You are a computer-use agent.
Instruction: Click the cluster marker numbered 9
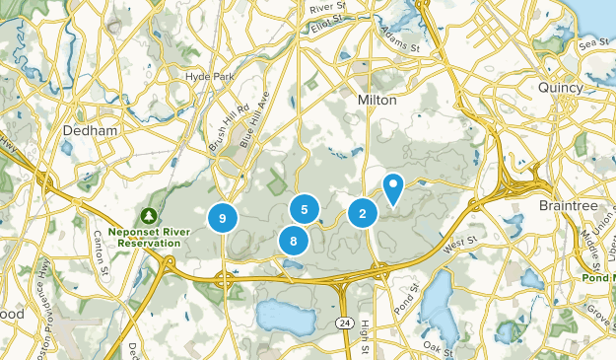[x=224, y=217]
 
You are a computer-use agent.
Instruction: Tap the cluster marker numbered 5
[x=305, y=209]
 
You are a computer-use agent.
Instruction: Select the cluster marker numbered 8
[x=293, y=240]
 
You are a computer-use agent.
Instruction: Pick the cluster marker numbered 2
[x=363, y=212]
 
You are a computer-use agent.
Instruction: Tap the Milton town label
[x=376, y=100]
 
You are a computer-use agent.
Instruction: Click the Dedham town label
[x=90, y=130]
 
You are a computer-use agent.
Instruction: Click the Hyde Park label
[x=205, y=75]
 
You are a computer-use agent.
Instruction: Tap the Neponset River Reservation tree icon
[x=148, y=214]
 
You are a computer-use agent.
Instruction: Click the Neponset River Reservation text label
[x=148, y=237]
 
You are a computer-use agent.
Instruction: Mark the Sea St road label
[x=594, y=42]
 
